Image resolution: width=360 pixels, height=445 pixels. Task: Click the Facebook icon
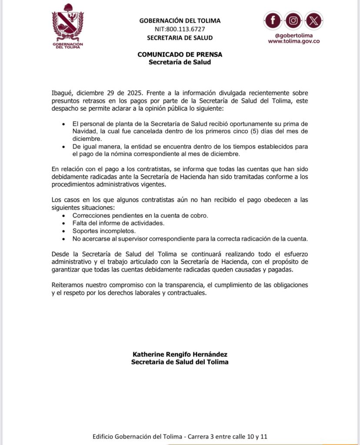click(x=273, y=20)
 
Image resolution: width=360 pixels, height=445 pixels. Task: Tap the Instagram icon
click(x=293, y=20)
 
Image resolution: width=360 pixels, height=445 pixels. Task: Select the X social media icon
click(x=313, y=20)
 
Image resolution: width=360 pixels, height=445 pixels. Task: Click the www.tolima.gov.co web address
click(x=294, y=41)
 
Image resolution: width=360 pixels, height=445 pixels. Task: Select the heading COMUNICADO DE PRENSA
click(x=180, y=55)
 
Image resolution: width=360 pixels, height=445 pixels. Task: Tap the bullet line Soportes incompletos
click(x=98, y=231)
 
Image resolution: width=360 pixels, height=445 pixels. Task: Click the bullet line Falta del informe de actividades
click(x=113, y=223)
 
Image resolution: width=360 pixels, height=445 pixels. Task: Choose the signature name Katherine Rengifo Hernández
click(x=180, y=354)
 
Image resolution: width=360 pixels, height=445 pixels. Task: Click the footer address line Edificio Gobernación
click(x=180, y=437)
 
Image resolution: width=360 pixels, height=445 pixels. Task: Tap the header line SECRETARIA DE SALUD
click(x=180, y=38)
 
